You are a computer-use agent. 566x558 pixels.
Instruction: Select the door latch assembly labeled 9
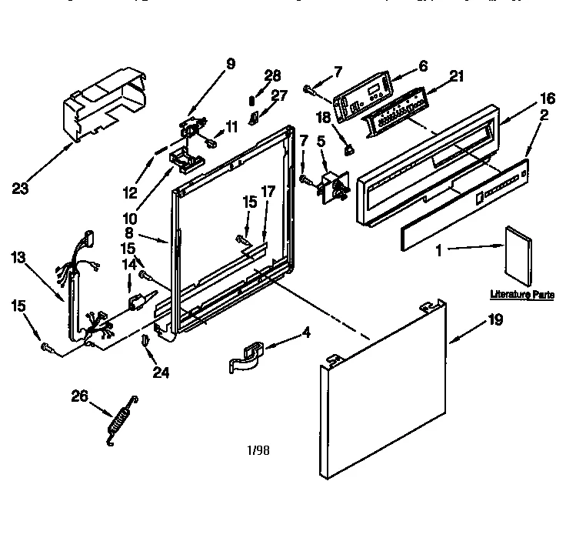(194, 128)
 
